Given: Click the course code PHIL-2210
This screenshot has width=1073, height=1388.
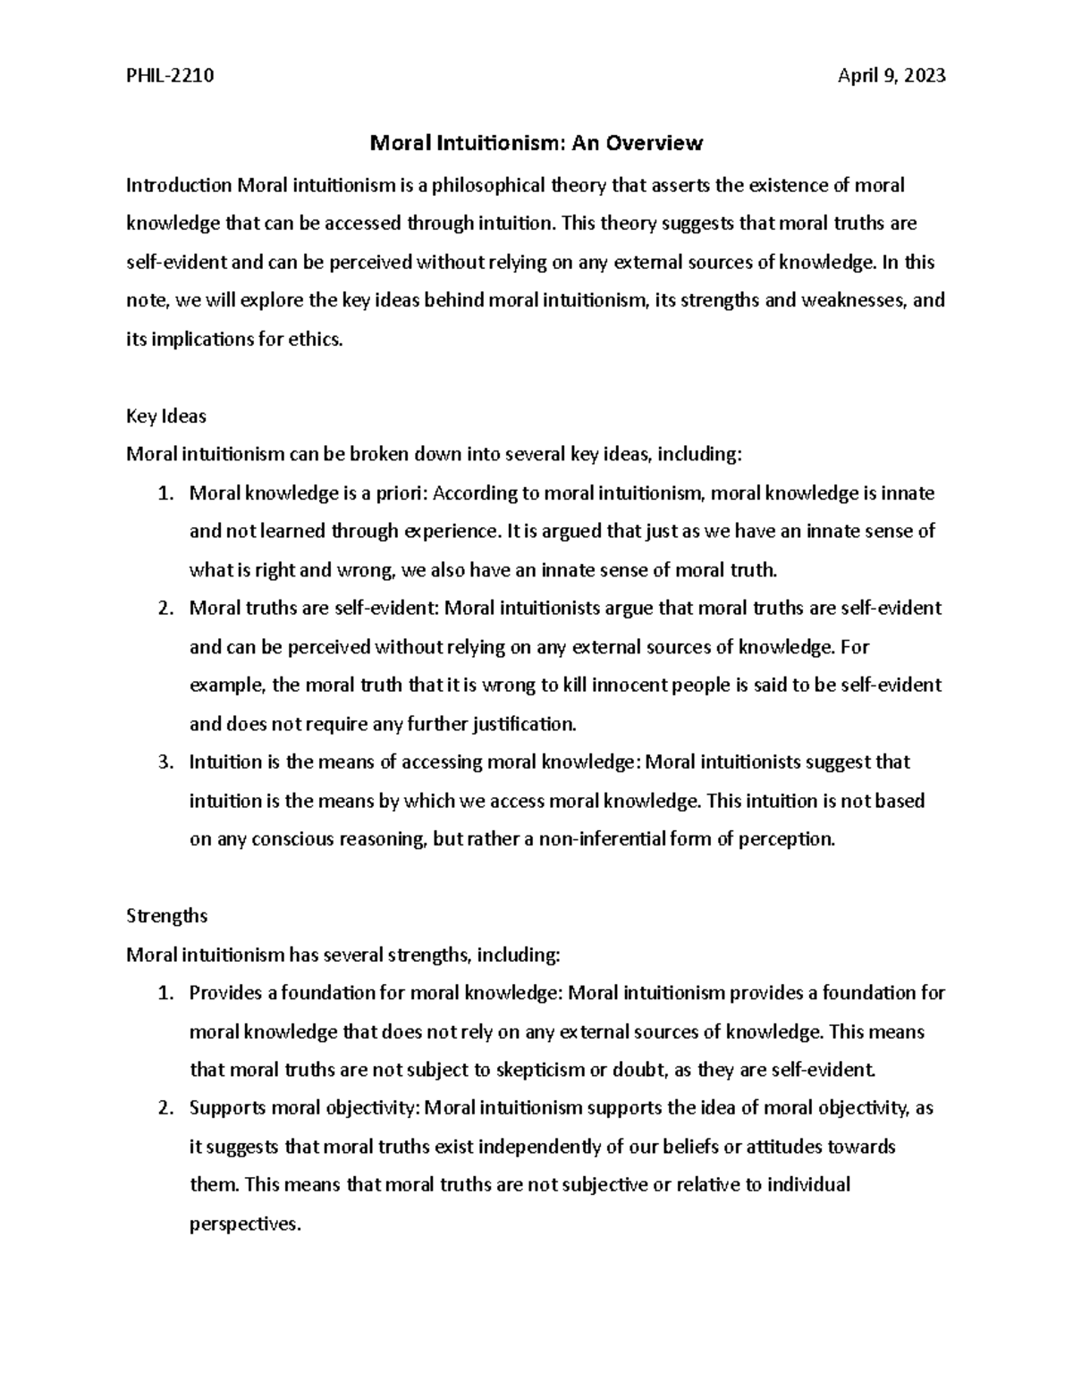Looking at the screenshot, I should coord(170,76).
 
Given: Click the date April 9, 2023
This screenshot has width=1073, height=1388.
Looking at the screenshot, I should coord(891,76).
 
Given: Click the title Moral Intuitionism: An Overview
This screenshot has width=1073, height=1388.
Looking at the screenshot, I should coord(536,143).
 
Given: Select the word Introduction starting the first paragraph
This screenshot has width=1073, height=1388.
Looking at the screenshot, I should coord(179,185).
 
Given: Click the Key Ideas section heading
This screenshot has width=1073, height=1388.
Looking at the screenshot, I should coord(166,416).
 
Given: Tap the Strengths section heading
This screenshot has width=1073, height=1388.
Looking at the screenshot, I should coord(167,916).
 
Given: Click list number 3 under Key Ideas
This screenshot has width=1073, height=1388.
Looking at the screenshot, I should coord(164,762).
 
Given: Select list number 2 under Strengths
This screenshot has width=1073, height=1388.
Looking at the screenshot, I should coord(164,1108).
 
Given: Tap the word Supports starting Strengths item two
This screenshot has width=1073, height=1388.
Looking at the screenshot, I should coord(227,1108).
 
